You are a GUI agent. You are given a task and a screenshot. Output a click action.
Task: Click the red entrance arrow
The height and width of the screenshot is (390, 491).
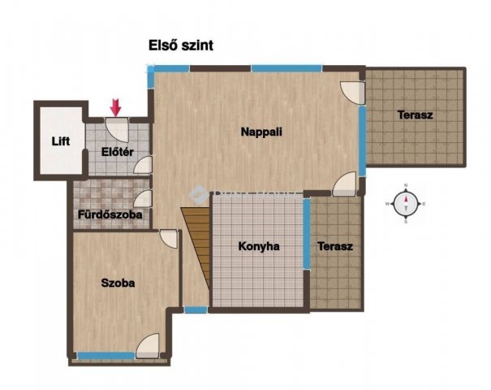click(115, 107)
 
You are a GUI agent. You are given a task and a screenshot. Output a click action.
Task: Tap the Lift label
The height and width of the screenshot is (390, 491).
click(61, 141)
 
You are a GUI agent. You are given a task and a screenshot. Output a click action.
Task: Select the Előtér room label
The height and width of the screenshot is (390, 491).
click(118, 152)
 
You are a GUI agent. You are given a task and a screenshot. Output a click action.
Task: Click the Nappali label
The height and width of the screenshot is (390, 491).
click(261, 132)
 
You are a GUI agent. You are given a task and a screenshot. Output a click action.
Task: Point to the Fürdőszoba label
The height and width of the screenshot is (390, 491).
click(110, 214)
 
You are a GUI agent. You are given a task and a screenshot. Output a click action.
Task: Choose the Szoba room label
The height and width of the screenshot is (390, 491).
click(118, 283)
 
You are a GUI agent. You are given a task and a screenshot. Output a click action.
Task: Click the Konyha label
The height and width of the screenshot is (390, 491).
click(259, 246)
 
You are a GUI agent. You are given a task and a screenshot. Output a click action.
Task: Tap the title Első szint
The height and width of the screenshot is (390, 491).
click(181, 45)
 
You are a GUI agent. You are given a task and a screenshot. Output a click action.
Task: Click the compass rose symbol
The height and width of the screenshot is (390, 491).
click(406, 203)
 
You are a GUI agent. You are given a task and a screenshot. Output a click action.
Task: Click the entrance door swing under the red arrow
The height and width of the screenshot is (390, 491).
click(117, 130)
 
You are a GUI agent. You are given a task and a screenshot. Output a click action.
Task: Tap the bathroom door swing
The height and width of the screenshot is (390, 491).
click(143, 199)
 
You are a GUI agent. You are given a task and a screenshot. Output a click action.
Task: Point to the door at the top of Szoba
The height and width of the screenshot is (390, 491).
click(169, 239)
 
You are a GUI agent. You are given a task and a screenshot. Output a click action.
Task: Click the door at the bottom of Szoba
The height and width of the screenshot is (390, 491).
click(148, 346)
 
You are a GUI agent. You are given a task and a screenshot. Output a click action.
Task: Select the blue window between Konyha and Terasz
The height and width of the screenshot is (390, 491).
click(307, 233)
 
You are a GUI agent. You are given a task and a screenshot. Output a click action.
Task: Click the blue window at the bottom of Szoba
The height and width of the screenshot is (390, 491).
click(106, 356)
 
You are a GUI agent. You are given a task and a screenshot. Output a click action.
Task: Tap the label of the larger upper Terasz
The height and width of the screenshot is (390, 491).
click(416, 115)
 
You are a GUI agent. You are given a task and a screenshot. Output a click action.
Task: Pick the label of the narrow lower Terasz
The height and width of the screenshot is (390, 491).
click(335, 246)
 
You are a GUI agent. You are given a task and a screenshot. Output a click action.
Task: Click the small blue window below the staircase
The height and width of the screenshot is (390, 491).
click(196, 310)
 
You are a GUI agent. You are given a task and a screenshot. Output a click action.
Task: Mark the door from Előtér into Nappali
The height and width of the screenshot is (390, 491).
click(143, 165)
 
